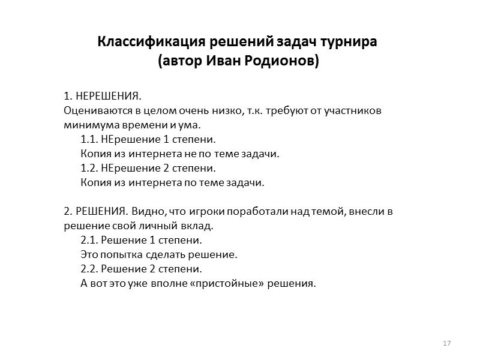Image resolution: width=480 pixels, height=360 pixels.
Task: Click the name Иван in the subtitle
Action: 229,61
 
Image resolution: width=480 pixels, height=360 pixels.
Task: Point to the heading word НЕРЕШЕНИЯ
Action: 107,97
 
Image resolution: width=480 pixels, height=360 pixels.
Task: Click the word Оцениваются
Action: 92,111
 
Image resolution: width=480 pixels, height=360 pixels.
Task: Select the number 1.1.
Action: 89,140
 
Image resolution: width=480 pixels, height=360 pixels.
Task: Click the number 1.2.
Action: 89,168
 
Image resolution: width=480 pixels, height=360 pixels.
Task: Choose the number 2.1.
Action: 89,240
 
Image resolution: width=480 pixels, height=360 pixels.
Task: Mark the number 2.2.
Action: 89,268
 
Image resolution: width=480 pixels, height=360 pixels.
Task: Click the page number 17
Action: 446,343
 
